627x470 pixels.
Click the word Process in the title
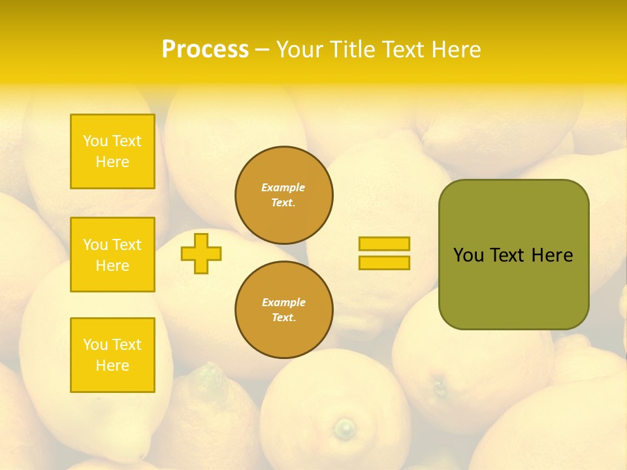click(205, 50)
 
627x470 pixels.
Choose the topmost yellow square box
click(112, 151)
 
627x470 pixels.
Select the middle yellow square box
click(112, 255)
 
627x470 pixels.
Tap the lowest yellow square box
click(112, 355)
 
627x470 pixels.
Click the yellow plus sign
click(201, 253)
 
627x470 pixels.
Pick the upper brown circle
click(283, 195)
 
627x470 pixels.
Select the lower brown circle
click(283, 310)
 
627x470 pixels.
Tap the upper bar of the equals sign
click(384, 243)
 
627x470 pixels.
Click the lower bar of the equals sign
click(384, 262)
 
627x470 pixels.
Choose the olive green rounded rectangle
click(513, 255)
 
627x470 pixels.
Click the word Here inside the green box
click(552, 255)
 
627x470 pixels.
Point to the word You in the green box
click(468, 255)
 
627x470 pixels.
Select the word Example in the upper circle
click(283, 187)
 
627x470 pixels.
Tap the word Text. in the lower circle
click(283, 318)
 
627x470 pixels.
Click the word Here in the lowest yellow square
click(112, 366)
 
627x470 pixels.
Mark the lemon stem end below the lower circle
click(344, 428)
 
